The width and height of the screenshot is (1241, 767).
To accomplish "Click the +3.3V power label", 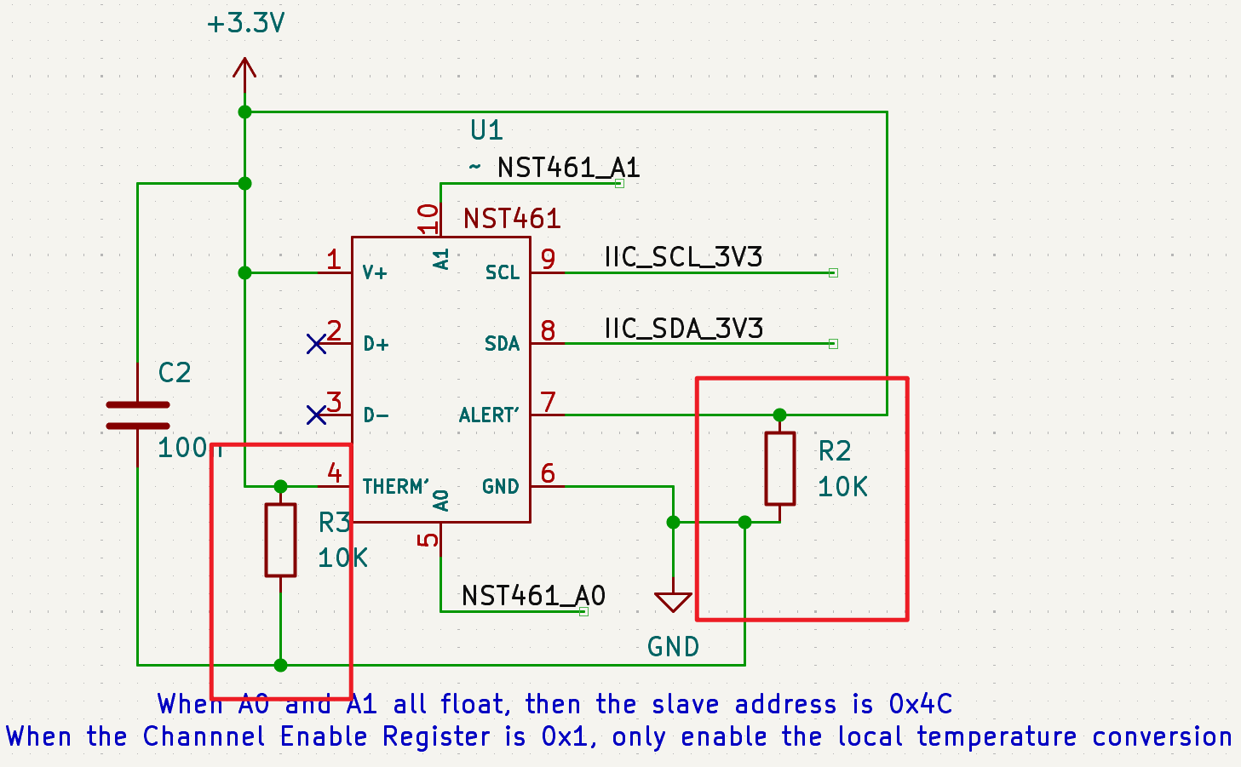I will [x=245, y=23].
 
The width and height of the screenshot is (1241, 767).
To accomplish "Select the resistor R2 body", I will [x=779, y=468].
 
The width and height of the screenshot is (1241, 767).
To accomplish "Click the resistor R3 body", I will [x=280, y=540].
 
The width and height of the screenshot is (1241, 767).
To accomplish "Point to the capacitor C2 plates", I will [x=138, y=415].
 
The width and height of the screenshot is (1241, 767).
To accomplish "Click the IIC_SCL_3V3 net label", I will [x=683, y=257].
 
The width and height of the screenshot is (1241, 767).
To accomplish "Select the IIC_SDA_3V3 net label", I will [x=683, y=329].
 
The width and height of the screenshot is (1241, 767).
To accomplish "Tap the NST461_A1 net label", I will [x=568, y=168].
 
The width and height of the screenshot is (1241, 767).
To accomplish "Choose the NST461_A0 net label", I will [x=533, y=596].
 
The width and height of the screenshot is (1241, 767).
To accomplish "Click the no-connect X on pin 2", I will [x=316, y=344].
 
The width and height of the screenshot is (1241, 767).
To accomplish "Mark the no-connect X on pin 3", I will [x=316, y=415].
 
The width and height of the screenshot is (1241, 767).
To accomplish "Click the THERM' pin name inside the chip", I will [x=396, y=487].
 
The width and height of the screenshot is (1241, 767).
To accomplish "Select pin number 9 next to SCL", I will [x=548, y=259].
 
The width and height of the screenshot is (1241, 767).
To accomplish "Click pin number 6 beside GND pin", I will [x=548, y=473].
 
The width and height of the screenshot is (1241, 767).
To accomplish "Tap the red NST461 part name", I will [x=512, y=219].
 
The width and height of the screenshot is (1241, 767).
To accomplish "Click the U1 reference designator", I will [x=486, y=130].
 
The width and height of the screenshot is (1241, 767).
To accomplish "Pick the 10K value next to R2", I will [x=842, y=487].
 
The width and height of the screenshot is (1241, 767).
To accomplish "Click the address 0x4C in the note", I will [x=920, y=704].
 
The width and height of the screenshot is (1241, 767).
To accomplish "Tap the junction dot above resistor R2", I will [x=779, y=415].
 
